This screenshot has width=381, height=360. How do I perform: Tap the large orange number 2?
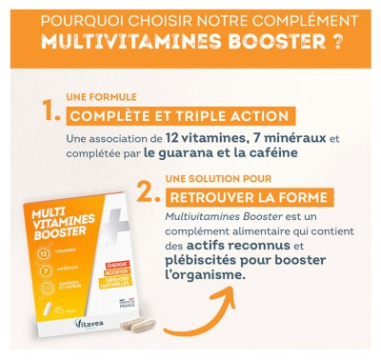[146, 193]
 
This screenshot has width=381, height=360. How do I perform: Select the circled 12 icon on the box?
[47, 253]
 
